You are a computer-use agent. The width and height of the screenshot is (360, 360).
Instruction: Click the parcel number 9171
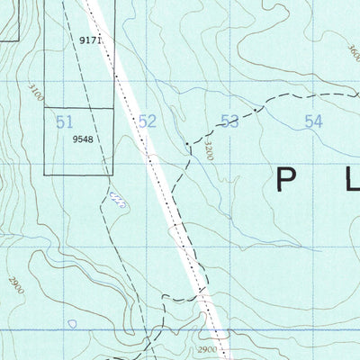[x=91, y=41]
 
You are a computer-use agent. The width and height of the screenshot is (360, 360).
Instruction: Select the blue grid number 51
[x=64, y=121]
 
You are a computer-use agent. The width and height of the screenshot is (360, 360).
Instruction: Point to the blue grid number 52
[x=148, y=121]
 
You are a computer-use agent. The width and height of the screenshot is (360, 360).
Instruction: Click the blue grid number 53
[x=230, y=121]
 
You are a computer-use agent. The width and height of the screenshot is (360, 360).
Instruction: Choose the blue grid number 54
[x=313, y=121]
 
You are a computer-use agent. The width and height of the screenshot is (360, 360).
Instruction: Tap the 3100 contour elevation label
[x=36, y=92]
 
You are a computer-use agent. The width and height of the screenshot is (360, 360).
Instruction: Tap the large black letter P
[x=286, y=181]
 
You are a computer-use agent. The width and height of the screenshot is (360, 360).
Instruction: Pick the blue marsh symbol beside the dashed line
[x=114, y=197]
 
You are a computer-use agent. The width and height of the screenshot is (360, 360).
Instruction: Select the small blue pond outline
[x=72, y=323]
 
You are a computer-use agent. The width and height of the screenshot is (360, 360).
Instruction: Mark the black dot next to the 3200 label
[x=186, y=143]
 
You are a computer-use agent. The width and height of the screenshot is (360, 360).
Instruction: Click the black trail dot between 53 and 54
[x=264, y=108]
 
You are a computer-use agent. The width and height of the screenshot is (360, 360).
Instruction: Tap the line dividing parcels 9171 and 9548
[x=79, y=109]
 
